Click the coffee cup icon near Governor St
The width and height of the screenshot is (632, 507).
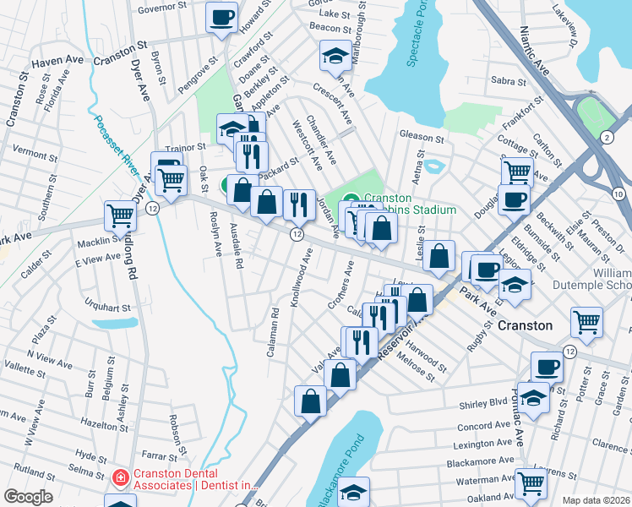222,17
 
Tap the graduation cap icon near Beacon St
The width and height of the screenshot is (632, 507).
335,56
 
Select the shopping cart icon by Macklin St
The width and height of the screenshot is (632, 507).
120,215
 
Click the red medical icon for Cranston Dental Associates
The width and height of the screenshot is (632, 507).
121,479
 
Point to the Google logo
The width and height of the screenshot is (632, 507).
28,497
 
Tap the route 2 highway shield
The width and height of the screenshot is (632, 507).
607,137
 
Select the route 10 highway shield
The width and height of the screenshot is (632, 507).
618,195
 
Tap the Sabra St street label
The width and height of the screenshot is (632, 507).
509,82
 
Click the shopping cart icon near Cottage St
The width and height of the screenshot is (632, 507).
516,172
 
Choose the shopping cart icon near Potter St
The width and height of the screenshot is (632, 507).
586,321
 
